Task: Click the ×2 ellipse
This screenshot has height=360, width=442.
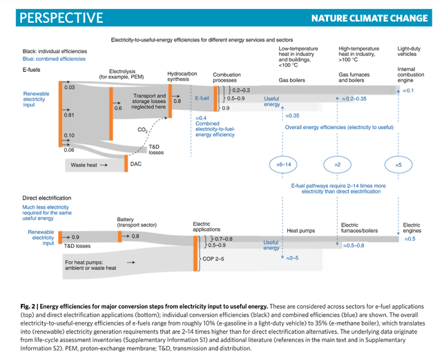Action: (338, 164)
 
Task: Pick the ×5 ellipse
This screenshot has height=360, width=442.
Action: (398, 164)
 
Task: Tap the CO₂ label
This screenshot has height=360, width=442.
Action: (143, 129)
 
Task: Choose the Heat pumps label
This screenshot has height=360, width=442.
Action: (300, 230)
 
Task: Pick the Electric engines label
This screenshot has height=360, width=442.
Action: (412, 229)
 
